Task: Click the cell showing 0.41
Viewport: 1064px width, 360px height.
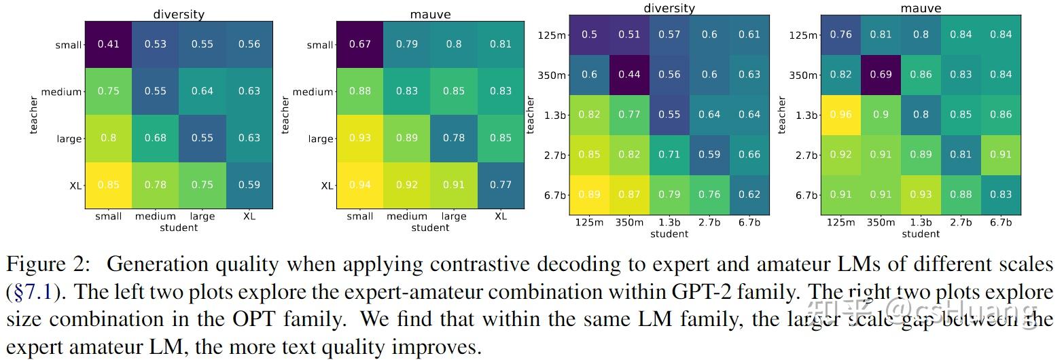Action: (x=108, y=45)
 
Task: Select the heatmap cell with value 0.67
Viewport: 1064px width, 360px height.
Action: (x=359, y=45)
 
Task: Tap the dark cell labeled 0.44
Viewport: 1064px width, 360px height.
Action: (x=629, y=75)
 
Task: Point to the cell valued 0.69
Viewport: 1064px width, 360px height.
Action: (x=881, y=75)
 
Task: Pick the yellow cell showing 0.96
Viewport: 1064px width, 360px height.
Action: (x=840, y=115)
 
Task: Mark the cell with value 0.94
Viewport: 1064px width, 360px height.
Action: (x=359, y=185)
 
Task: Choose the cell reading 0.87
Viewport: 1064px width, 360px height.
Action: (x=629, y=195)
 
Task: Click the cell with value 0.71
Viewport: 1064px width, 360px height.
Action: (x=669, y=155)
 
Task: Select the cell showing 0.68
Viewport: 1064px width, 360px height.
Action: (x=155, y=139)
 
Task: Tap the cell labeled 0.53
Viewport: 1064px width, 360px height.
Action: (x=155, y=45)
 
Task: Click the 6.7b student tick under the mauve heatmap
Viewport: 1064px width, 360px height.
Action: (x=1001, y=223)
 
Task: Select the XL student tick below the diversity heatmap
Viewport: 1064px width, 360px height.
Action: (x=249, y=217)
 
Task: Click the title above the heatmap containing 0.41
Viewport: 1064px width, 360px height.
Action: (x=179, y=14)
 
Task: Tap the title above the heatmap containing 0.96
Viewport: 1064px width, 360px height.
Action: (x=921, y=8)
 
